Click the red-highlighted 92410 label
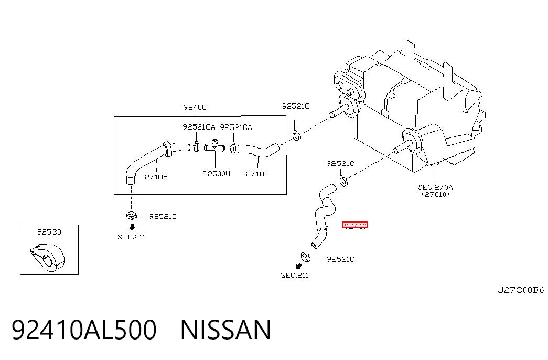point(355,226)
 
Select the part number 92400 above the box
point(195,108)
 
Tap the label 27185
point(156,177)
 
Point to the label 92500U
point(217,174)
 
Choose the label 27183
point(257,174)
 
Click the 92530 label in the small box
point(49,232)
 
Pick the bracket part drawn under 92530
point(48,257)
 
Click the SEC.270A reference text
point(435,187)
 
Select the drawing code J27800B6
point(521,290)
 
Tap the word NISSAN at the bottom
point(226,330)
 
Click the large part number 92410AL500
point(84,330)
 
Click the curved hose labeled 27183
point(259,150)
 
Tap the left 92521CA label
point(199,128)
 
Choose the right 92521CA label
point(235,128)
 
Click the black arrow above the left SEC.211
point(132,227)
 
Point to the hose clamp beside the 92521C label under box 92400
point(132,216)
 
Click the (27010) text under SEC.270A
point(435,195)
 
